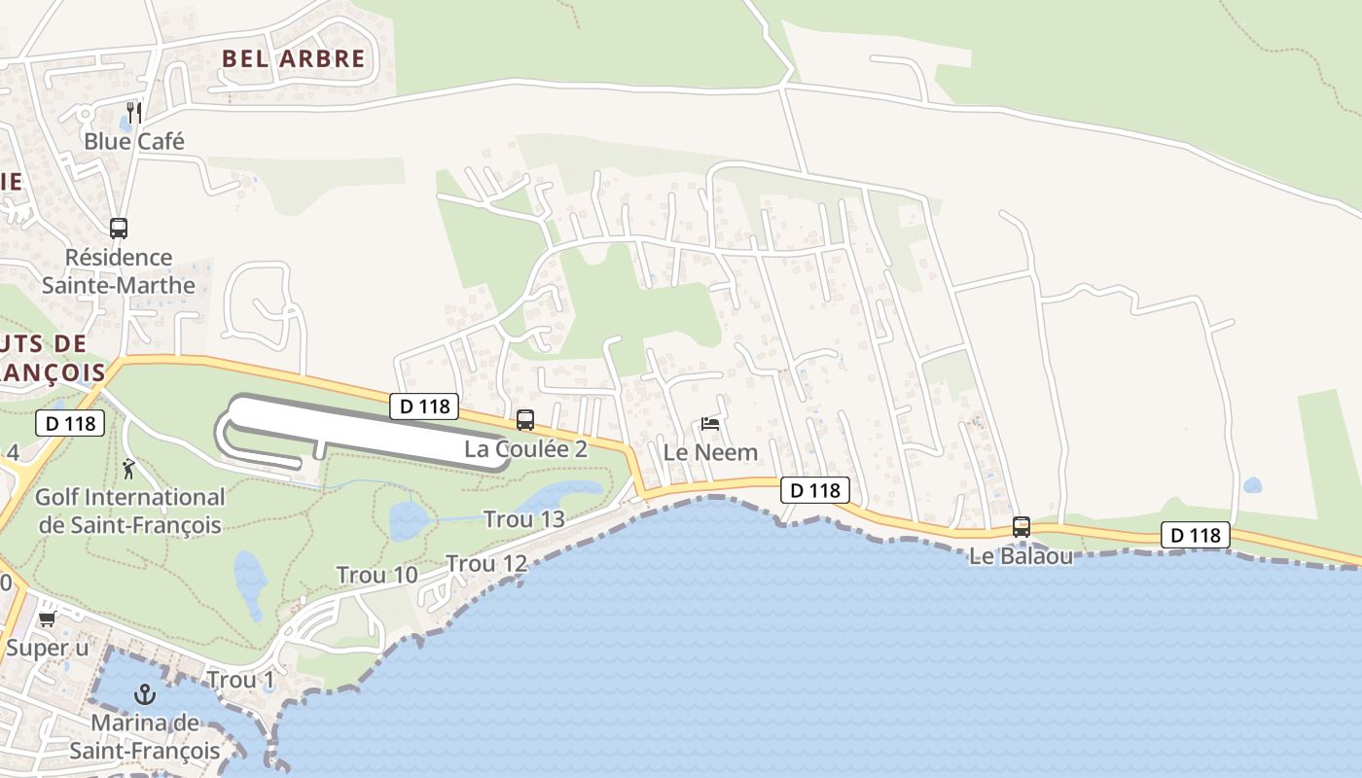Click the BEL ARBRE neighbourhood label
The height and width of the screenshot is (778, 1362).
point(293,58)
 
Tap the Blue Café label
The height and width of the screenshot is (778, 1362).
point(133,141)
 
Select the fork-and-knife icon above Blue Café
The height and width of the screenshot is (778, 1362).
point(134,112)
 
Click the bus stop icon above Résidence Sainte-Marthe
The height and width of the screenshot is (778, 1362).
point(119,229)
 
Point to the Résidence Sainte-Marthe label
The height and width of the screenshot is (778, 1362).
point(119,271)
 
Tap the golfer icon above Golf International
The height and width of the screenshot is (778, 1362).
point(128,470)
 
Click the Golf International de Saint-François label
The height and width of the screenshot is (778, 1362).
point(129,512)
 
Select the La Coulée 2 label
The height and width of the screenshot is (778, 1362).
point(525,449)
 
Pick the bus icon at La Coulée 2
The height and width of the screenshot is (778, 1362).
point(525,420)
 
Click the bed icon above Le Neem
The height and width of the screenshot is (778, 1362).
point(710,424)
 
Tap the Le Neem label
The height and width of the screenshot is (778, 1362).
point(710,453)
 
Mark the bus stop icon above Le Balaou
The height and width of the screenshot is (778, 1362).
point(1021,527)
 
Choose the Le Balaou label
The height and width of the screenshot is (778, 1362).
point(1021,557)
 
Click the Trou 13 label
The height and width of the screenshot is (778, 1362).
point(523,519)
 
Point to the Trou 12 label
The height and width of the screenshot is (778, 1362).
point(486,564)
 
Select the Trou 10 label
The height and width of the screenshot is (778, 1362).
point(376,575)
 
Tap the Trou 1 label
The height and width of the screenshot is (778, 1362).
point(240,680)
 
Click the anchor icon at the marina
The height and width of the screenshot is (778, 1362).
point(145,694)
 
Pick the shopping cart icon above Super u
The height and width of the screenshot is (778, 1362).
point(47,619)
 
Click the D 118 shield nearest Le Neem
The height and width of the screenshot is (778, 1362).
point(814,490)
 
